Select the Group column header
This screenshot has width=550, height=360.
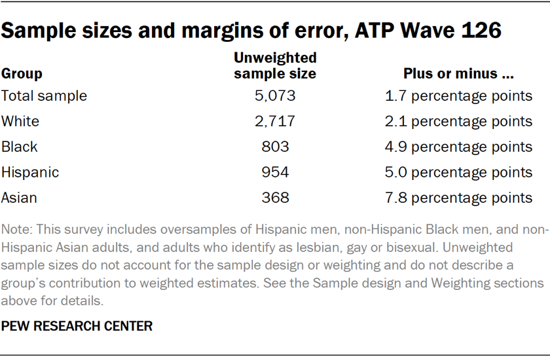[x=22, y=73]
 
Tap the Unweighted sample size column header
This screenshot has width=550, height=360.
[x=275, y=65]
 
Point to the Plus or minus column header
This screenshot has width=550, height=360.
[x=458, y=73]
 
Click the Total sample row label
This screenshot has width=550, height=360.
[x=44, y=96]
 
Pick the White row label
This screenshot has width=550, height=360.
[x=20, y=121]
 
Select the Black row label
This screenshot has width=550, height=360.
[x=20, y=147]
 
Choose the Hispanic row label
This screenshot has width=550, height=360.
[x=30, y=172]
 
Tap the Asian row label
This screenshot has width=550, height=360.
[x=20, y=198]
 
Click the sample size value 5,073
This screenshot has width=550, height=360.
[x=275, y=96]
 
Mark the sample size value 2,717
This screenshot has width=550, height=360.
[x=275, y=121]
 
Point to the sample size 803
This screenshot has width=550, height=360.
[x=275, y=147]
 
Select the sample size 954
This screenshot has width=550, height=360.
[x=275, y=172]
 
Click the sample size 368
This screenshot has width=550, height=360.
[x=275, y=198]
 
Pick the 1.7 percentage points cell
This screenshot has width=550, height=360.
[x=458, y=96]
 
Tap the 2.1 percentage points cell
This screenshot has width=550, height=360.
[x=458, y=121]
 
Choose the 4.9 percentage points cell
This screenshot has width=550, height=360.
[x=458, y=147]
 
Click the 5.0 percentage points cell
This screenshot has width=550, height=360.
[x=458, y=172]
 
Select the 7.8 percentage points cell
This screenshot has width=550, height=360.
[x=458, y=198]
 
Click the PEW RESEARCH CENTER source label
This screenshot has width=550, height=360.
[x=77, y=327]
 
